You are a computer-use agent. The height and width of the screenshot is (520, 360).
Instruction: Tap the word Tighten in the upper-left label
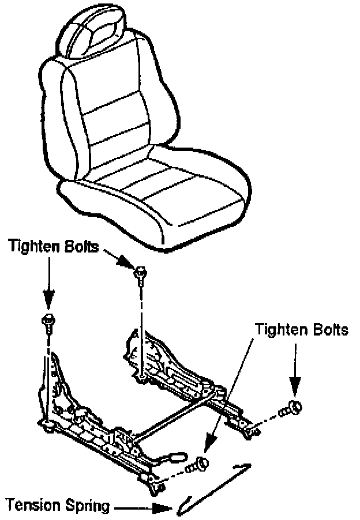point(35,247)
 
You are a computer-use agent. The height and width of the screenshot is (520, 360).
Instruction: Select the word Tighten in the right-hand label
point(280,330)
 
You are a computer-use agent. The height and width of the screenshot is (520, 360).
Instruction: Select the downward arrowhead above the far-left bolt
point(48,300)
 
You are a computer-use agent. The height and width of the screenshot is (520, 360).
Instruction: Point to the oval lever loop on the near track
point(177,458)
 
